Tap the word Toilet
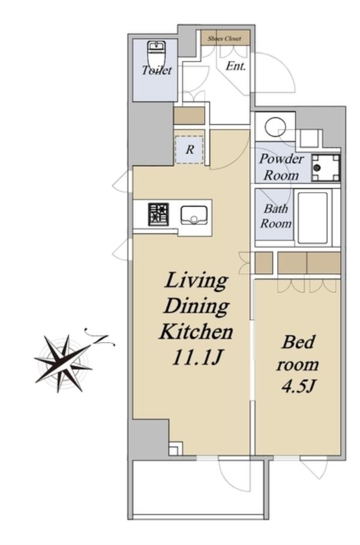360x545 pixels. [x=157, y=70]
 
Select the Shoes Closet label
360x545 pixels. [x=224, y=38]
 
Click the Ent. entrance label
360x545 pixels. [x=236, y=65]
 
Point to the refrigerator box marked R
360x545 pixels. [x=190, y=149]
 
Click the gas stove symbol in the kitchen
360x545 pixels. [x=158, y=214]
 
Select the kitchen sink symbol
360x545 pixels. [x=194, y=215]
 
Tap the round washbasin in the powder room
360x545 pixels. [x=275, y=126]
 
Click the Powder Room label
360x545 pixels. [x=281, y=167]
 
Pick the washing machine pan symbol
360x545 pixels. [x=325, y=168]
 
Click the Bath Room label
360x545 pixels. [x=276, y=216]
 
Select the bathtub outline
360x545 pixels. [x=313, y=218]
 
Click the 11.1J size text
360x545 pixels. [x=197, y=357]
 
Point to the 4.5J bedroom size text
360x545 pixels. [x=298, y=386]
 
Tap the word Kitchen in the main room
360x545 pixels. [x=196, y=331]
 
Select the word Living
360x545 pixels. [x=196, y=281]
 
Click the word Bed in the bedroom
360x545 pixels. [x=298, y=342]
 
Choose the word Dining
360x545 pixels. [x=196, y=307]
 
